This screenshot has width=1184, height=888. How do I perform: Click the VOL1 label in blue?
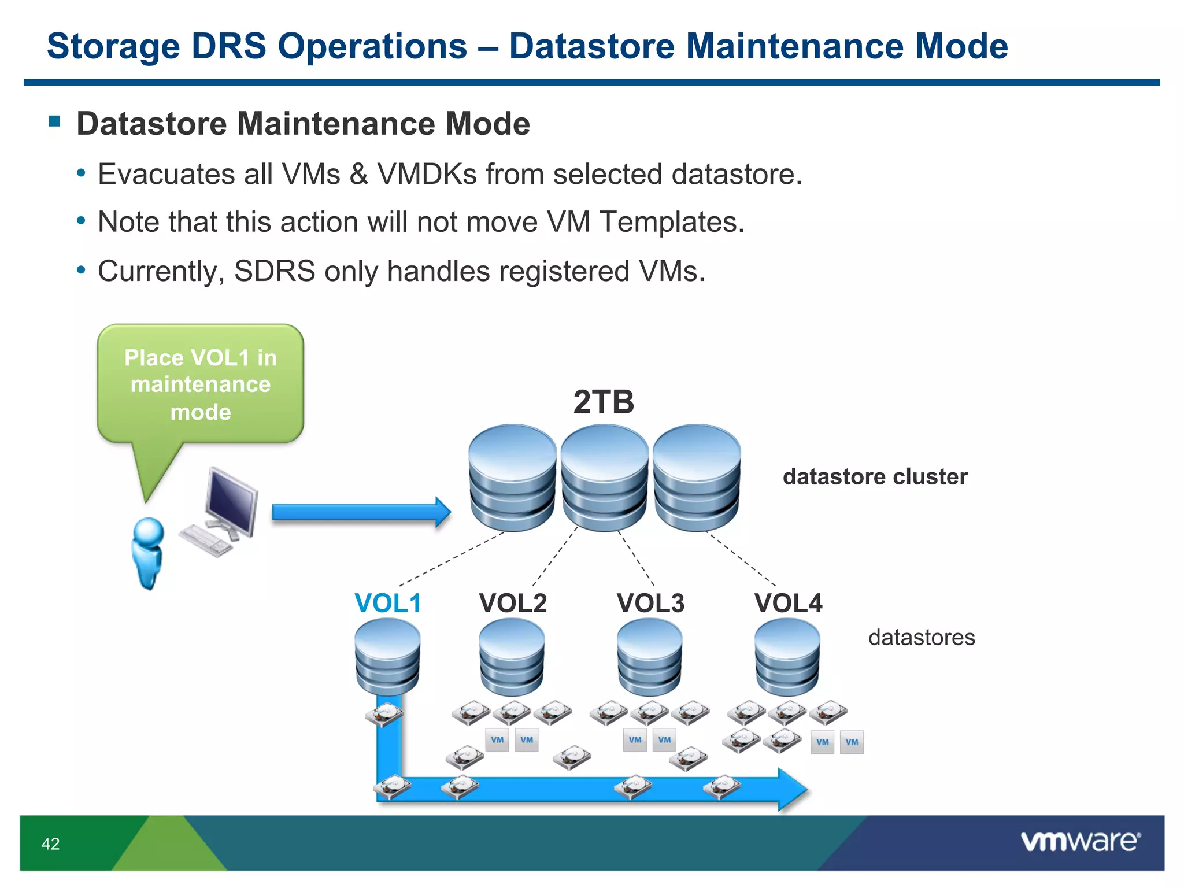tap(388, 603)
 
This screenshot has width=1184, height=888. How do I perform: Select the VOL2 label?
tap(513, 603)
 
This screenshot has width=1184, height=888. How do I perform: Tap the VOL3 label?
tap(650, 603)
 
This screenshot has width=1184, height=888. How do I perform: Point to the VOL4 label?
tap(788, 603)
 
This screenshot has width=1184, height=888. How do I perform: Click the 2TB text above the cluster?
tap(604, 402)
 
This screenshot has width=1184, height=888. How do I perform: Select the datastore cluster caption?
tap(875, 476)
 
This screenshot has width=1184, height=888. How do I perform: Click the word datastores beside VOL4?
tap(922, 637)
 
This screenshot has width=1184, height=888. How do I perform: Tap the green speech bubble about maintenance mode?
tap(201, 384)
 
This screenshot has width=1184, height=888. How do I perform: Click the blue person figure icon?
tap(148, 552)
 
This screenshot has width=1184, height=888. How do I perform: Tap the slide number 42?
tap(51, 843)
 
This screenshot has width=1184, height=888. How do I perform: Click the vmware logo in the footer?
tap(1080, 841)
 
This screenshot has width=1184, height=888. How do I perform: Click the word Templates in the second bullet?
tap(672, 222)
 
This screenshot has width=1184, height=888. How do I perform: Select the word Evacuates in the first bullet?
tap(184, 174)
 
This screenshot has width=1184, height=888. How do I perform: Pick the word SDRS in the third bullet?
tap(275, 271)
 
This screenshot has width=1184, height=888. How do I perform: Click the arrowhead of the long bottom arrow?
tap(792, 789)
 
